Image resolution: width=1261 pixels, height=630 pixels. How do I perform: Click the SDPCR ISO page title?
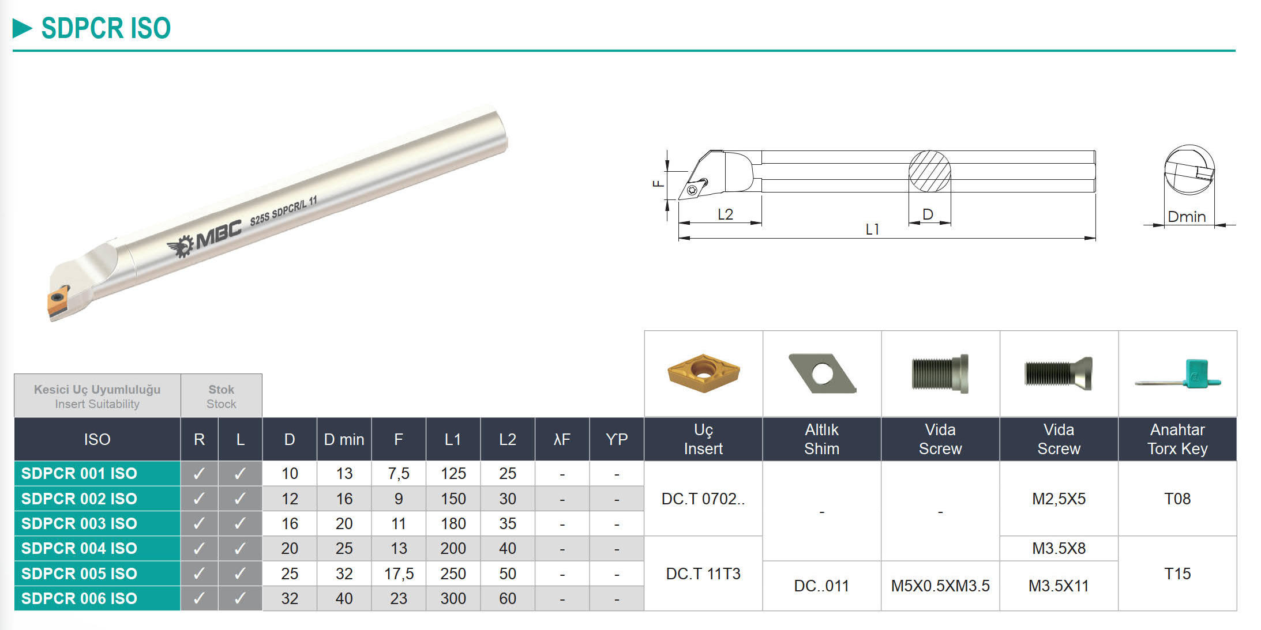(106, 28)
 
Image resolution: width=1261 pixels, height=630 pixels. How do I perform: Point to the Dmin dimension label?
(1186, 217)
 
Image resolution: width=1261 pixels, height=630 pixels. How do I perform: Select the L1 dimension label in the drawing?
(872, 229)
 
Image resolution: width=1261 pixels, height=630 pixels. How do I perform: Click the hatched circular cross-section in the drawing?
(929, 171)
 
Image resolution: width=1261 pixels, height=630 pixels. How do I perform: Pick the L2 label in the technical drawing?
(725, 214)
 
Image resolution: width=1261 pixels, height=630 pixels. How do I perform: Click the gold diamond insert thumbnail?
(703, 372)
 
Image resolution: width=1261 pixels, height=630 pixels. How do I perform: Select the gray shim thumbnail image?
(821, 373)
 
